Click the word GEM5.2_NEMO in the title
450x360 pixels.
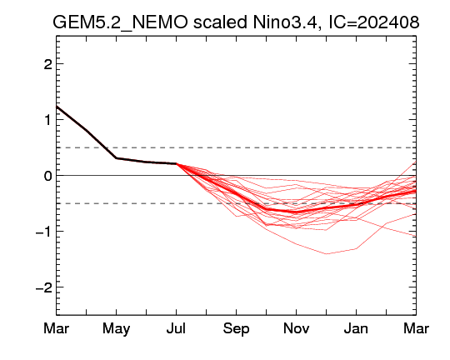click(x=120, y=22)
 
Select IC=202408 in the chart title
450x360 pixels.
click(x=374, y=22)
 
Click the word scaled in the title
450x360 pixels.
click(x=220, y=22)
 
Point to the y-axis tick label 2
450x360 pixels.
click(x=48, y=64)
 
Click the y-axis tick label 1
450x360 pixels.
click(x=48, y=120)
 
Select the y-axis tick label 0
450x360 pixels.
click(x=48, y=175)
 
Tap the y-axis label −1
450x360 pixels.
click(x=44, y=232)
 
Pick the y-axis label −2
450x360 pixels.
click(x=44, y=287)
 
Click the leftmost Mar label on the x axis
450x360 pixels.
click(x=57, y=328)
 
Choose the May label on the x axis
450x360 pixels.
click(x=116, y=328)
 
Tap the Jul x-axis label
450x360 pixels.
click(x=176, y=328)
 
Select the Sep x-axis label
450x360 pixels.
click(x=236, y=328)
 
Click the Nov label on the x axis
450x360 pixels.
click(x=296, y=328)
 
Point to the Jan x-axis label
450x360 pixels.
click(x=356, y=328)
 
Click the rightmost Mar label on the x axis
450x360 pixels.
click(x=416, y=328)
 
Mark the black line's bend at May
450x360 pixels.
click(x=116, y=157)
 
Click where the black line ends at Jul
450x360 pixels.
click(x=176, y=163)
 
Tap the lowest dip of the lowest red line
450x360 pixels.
click(x=327, y=254)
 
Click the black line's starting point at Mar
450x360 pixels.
click(x=57, y=107)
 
